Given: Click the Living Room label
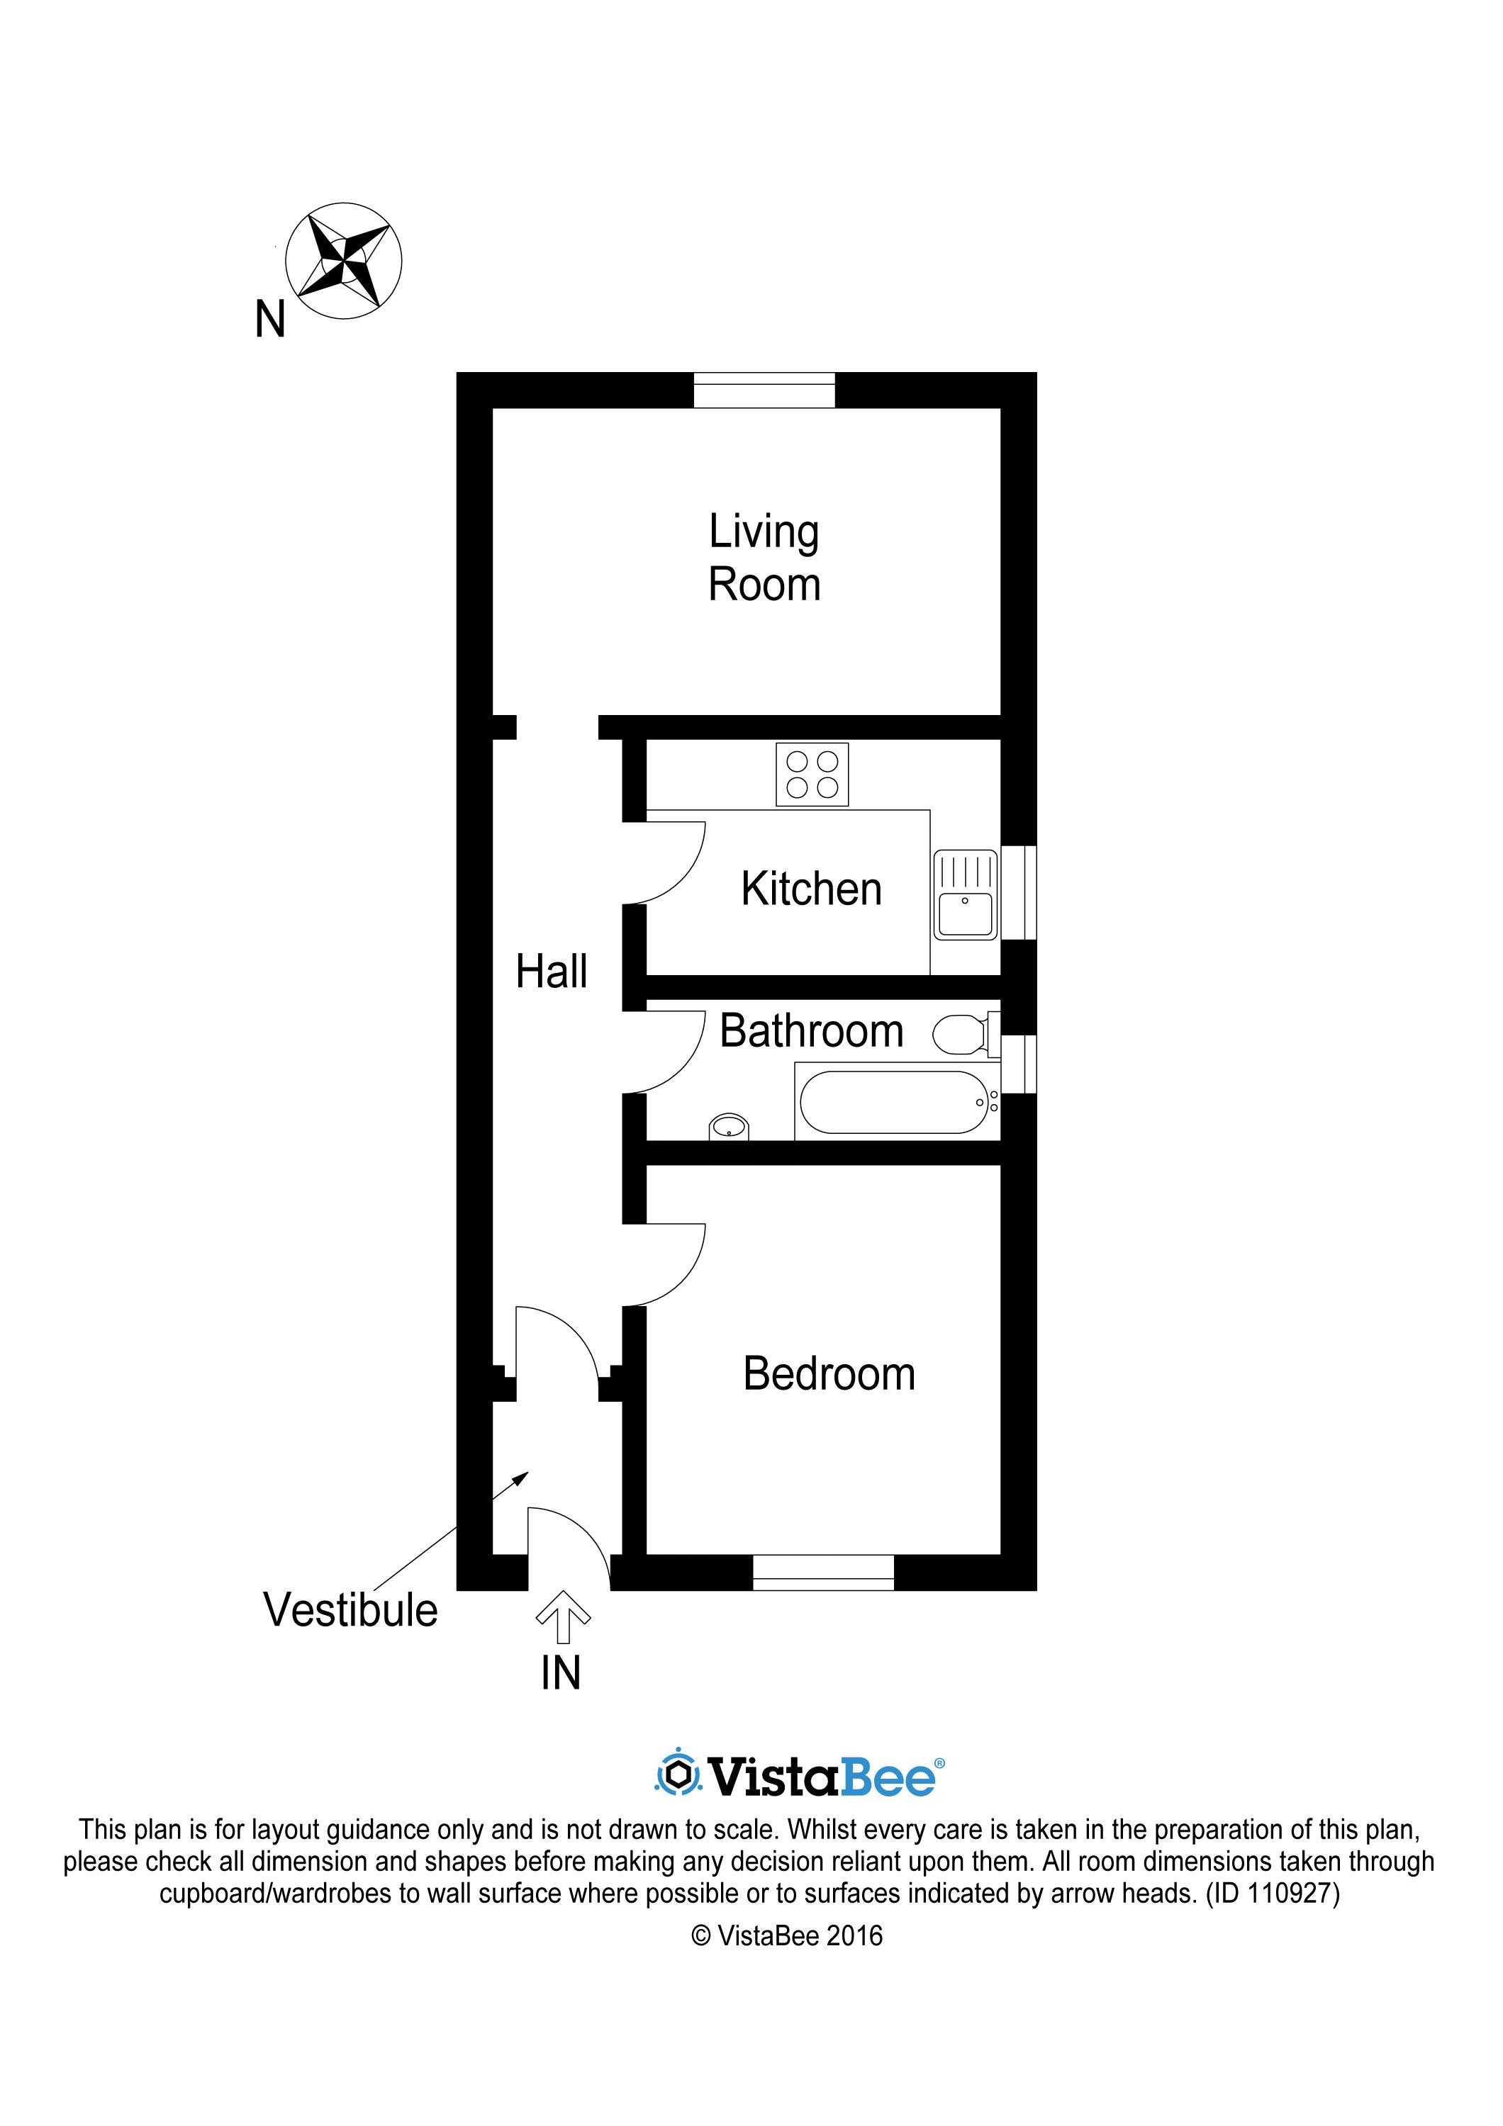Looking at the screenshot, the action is pos(764,558).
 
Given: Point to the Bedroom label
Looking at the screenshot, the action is pos(829,1373).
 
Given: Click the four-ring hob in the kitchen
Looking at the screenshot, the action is pos(812,775).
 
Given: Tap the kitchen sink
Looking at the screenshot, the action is pos(965,896).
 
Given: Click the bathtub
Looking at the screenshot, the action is pos(895,1102).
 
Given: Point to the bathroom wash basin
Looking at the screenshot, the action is pos(729,1127).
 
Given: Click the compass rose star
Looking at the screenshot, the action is pos(344,260).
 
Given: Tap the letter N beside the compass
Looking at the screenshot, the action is pos(269,320).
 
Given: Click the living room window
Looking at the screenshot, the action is pos(764,390).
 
